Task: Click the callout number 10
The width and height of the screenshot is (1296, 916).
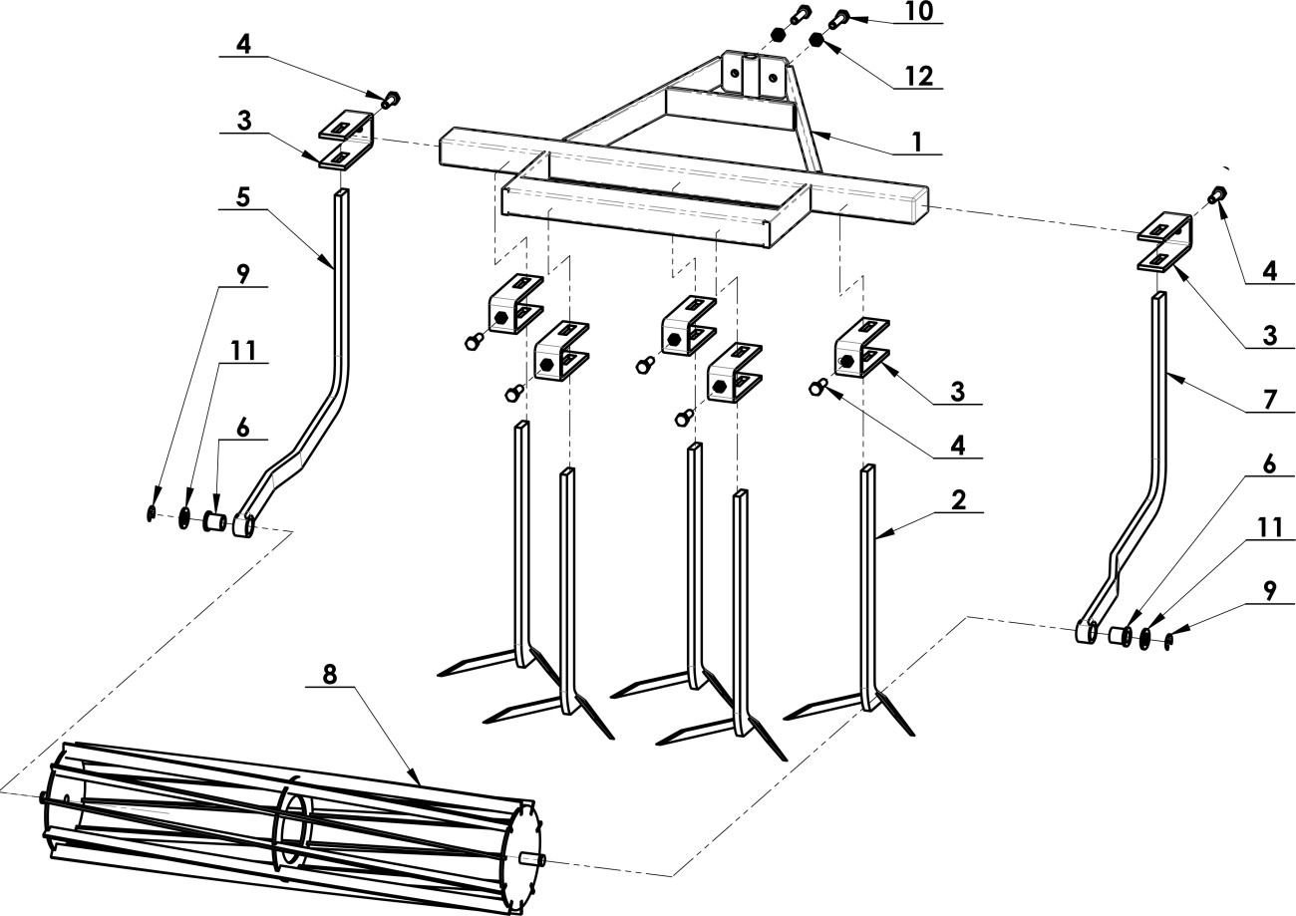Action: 919,12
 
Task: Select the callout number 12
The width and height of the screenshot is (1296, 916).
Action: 919,77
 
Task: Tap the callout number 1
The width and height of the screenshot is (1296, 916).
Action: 916,143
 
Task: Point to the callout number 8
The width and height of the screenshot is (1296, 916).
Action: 329,674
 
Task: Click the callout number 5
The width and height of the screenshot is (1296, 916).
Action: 243,197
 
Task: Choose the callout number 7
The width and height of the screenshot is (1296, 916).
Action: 1269,399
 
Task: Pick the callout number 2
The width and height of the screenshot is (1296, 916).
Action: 958,500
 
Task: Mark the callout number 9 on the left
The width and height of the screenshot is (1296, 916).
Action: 243,274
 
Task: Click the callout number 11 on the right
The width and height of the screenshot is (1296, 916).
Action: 1269,527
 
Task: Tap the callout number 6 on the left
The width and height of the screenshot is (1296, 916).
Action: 243,428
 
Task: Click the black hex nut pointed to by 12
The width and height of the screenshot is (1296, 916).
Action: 816,40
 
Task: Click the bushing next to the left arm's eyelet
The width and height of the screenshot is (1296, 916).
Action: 214,522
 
